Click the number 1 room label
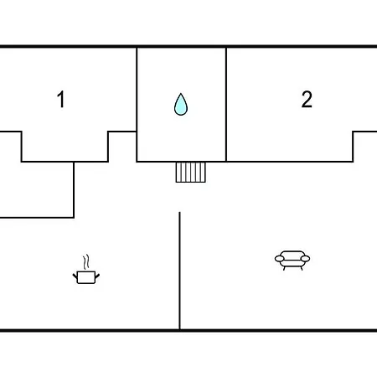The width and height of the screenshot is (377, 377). tap(61, 99)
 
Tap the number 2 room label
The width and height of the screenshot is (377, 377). tap(307, 99)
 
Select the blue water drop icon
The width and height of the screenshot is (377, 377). tap(181, 105)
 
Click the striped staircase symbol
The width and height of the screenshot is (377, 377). tap(191, 173)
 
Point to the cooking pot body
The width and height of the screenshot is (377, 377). tap(86, 277)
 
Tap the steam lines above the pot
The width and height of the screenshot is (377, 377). tap(86, 261)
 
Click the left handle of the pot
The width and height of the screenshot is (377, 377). tap(75, 276)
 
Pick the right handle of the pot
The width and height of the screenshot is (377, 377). tap(97, 276)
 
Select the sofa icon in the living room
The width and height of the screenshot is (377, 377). tap(292, 261)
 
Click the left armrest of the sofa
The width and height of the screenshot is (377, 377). tap(279, 259)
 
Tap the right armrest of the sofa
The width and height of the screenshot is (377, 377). tap(305, 259)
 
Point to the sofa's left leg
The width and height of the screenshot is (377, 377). tap(284, 268)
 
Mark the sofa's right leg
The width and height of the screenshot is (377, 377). tap(302, 268)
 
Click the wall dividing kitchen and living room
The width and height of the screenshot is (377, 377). tap(179, 271)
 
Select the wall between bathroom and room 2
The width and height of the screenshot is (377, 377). tap(226, 105)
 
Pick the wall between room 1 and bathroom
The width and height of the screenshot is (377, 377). tap(137, 105)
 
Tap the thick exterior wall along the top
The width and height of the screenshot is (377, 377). tap(188, 46)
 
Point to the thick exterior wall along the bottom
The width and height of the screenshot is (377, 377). tap(188, 331)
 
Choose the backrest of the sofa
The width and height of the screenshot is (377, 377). tap(292, 254)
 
